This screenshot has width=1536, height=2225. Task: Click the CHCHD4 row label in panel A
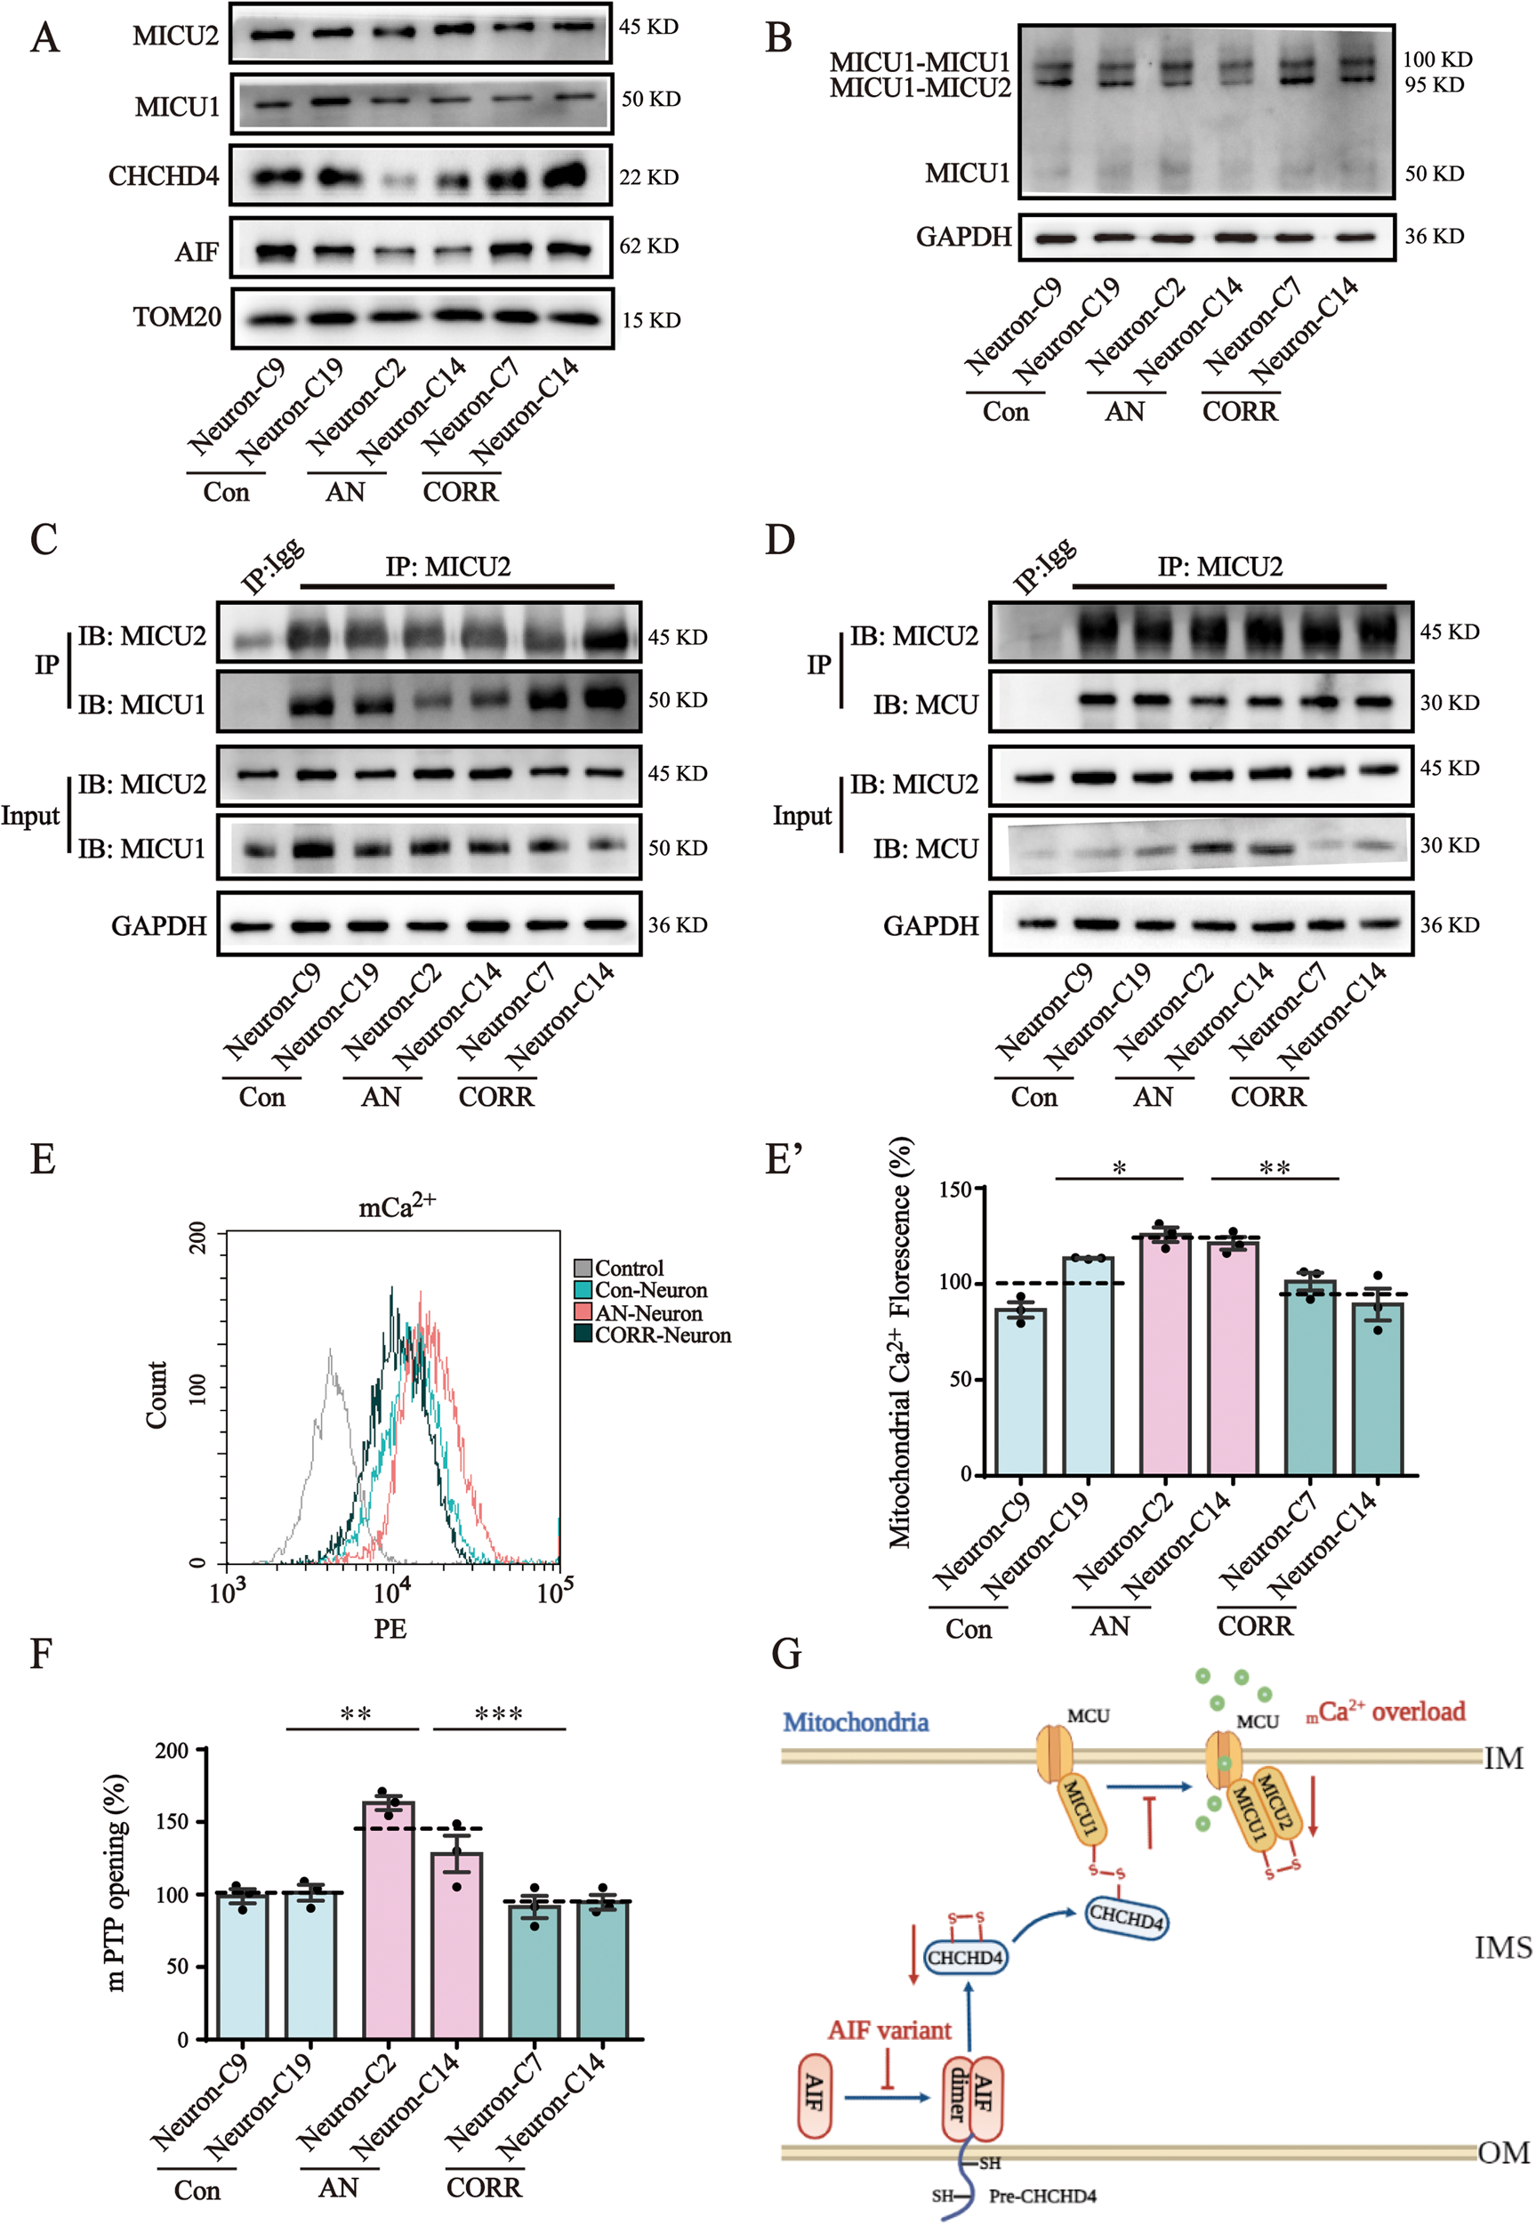pos(164,177)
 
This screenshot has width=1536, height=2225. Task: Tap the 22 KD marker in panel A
pos(648,178)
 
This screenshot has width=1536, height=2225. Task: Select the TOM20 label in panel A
pos(177,318)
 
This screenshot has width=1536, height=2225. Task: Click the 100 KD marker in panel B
pos(1437,60)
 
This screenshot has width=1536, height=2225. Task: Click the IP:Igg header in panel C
pos(272,568)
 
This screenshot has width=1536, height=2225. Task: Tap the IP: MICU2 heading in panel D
pos(1219,567)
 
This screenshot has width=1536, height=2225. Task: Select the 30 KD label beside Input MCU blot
pos(1450,845)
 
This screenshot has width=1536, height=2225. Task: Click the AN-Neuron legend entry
pos(647,1314)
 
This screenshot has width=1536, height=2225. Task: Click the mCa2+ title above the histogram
pos(397,1205)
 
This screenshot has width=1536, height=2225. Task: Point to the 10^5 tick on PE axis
pos(555,1592)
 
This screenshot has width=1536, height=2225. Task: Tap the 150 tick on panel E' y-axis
pos(954,1189)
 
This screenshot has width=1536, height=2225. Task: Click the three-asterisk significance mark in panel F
pos(499,1714)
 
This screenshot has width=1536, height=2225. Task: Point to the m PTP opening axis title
pos(116,1882)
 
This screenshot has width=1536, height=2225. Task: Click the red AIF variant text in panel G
pos(889,2030)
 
